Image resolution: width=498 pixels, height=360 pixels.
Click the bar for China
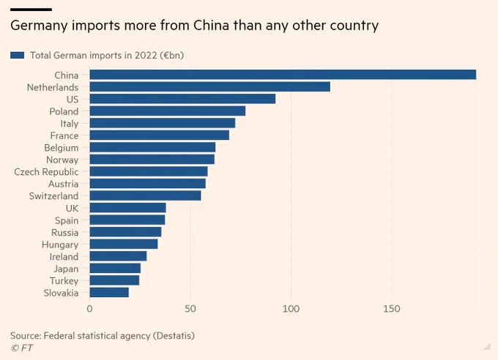283,75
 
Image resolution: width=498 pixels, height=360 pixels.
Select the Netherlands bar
209,87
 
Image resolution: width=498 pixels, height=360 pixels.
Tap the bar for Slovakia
109,293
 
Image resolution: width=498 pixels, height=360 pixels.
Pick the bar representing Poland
168,111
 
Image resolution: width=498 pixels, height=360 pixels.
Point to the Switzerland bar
145,196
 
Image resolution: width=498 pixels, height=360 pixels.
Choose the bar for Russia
125,232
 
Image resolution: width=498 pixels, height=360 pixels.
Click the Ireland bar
118,256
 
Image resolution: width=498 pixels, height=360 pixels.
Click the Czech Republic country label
46,172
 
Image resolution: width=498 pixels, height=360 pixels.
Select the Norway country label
62,160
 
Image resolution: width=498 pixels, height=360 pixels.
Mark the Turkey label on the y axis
64,281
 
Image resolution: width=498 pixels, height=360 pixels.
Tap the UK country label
71,208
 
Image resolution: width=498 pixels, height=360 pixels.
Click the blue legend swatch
17,55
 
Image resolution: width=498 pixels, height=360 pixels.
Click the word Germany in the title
37,26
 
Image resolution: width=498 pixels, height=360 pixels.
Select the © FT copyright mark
21,348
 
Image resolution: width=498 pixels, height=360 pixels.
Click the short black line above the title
31,9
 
